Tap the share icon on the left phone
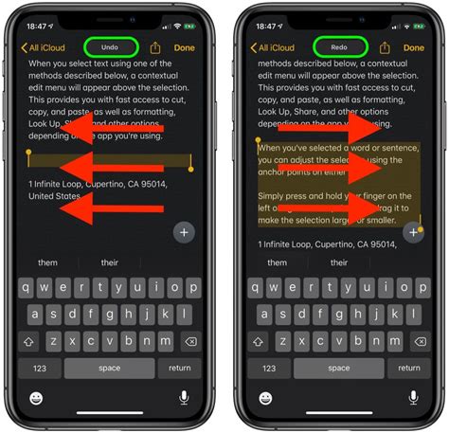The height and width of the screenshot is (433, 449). [154, 46]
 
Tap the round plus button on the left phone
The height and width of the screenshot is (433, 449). [183, 232]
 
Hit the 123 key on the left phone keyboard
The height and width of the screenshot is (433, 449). [40, 369]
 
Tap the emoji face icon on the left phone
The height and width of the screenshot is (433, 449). [37, 398]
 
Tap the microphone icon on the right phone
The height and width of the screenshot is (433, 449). [413, 398]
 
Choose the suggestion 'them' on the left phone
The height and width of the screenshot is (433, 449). [47, 262]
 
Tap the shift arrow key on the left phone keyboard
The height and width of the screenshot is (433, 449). [30, 340]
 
